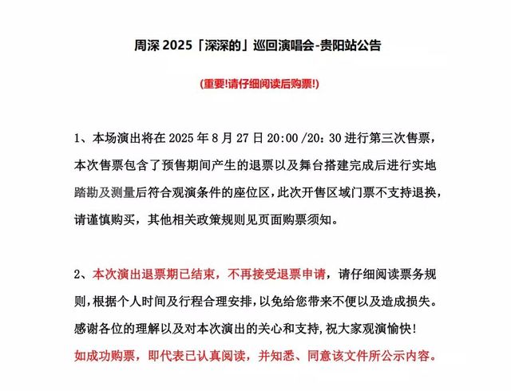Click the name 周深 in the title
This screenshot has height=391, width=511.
pos(146,45)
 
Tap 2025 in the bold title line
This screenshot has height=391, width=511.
pos(184,45)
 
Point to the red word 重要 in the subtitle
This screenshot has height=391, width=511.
pos(216,83)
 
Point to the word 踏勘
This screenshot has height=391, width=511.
pos(87,193)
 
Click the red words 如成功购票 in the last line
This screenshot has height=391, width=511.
pos(101,356)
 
